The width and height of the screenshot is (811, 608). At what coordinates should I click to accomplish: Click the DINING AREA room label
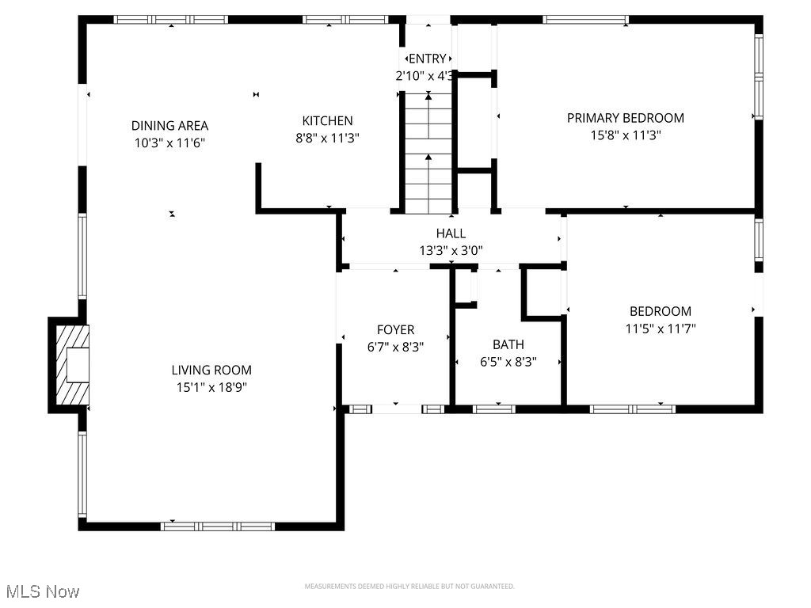pos(169,125)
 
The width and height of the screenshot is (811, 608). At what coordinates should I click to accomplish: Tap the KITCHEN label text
pos(327,120)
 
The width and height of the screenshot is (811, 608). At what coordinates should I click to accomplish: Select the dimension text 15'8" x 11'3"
pos(625,135)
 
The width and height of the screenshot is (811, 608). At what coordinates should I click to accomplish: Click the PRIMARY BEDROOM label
pos(625,118)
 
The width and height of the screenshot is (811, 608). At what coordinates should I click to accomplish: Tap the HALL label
pos(451,234)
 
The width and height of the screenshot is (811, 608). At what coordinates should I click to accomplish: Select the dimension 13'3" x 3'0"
pos(451,251)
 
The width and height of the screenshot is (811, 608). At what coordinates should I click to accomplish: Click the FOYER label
pos(395,329)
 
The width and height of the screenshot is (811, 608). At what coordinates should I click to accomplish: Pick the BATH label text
pos(508,344)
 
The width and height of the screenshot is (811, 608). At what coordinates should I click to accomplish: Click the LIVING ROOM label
pos(211,370)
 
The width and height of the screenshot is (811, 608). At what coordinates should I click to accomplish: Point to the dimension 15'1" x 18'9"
pos(211,387)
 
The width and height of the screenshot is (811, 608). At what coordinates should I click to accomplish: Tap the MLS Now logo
pos(41,591)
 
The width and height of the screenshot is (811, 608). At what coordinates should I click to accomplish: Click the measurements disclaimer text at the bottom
pos(409,587)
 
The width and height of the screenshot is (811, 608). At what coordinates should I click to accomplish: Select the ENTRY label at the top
pos(428,59)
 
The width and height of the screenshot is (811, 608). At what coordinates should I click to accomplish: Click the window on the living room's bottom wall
pos(218,526)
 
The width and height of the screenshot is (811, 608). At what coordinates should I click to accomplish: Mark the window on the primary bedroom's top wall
pos(586,20)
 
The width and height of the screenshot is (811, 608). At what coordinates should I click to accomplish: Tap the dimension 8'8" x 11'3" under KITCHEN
pos(327,138)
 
